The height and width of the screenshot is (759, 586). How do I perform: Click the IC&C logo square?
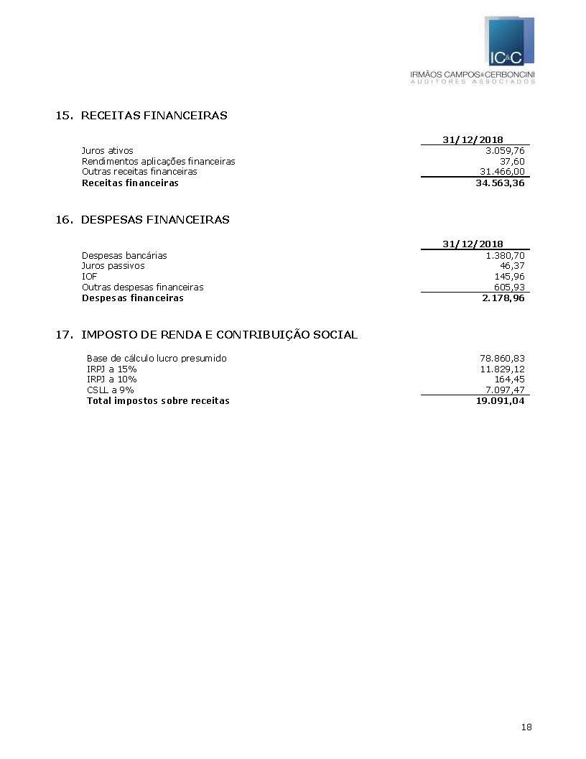click(x=510, y=42)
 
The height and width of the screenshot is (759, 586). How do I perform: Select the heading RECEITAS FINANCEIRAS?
click(x=154, y=116)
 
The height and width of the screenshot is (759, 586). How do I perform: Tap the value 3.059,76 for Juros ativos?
click(x=505, y=151)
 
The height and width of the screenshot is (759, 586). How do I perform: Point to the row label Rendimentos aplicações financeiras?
click(x=158, y=162)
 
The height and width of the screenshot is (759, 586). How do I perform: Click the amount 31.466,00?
click(x=502, y=172)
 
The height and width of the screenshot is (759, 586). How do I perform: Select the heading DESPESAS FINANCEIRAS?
click(x=155, y=220)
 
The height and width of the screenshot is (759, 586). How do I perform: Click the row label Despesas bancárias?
click(x=124, y=256)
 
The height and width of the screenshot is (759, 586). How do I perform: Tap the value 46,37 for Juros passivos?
click(x=512, y=266)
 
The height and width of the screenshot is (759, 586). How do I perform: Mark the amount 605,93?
click(x=509, y=287)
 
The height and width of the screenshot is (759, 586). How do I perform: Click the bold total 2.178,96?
click(x=503, y=298)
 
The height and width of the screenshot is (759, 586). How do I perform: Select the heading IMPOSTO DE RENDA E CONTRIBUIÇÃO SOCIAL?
click(x=219, y=335)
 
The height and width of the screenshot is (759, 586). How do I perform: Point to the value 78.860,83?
click(x=502, y=359)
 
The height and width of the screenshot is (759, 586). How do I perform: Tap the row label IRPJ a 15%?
click(x=111, y=369)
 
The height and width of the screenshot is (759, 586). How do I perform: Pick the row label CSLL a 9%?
click(x=110, y=390)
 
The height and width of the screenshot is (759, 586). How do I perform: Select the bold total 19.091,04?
click(x=496, y=401)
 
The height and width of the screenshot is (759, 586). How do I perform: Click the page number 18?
click(x=526, y=727)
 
